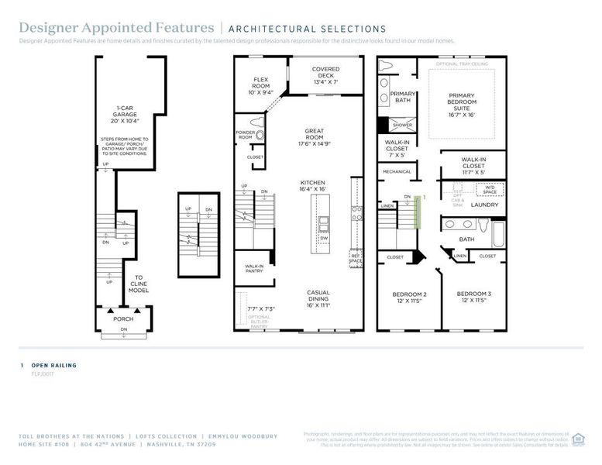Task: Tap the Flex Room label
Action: (x=260, y=83)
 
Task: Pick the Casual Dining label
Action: (x=318, y=298)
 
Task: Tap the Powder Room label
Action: (x=246, y=136)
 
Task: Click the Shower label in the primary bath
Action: (x=402, y=125)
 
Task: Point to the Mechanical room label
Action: (x=396, y=171)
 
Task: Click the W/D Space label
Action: (x=490, y=188)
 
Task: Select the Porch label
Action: (x=123, y=319)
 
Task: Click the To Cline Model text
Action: (x=139, y=284)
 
